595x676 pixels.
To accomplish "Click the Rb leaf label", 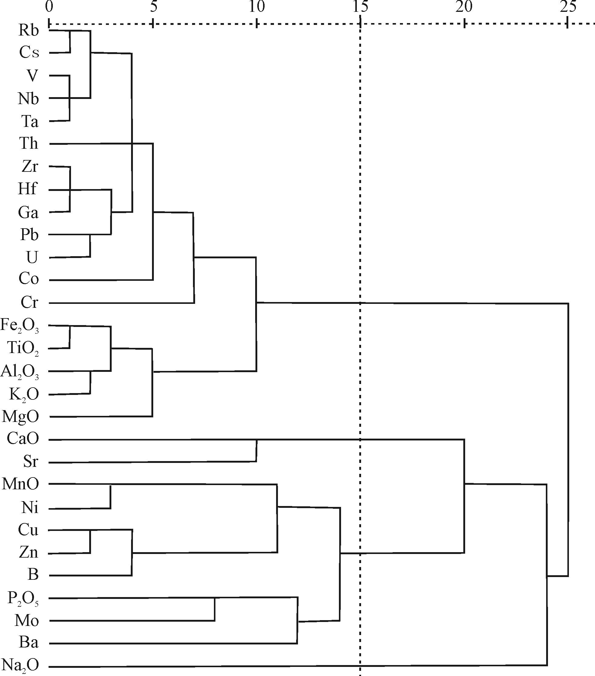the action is (x=29, y=30).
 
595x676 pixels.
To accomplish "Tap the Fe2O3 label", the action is (x=20, y=325).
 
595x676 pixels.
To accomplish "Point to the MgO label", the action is (x=21, y=416).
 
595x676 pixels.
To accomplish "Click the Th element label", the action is (x=29, y=144).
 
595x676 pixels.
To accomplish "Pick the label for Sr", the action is (x=31, y=461).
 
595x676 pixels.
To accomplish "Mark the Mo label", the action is (x=27, y=621).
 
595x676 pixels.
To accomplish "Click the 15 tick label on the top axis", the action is (x=360, y=7).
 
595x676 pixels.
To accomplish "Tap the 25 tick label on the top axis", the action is (x=568, y=7).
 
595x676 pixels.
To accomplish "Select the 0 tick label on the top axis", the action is (x=49, y=7).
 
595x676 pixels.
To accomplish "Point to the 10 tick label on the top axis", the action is (x=256, y=7).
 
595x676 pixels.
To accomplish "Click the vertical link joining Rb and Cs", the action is (x=70, y=42).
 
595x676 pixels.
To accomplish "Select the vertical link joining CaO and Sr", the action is (x=256, y=450).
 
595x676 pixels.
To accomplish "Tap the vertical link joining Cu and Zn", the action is (x=90, y=542).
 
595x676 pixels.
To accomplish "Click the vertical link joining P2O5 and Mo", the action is (x=215, y=610).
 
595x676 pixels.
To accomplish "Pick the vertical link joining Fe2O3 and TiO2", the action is (x=70, y=337).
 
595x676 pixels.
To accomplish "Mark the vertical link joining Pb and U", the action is (x=90, y=246).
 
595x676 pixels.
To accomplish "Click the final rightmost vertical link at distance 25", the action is (x=568, y=440).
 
